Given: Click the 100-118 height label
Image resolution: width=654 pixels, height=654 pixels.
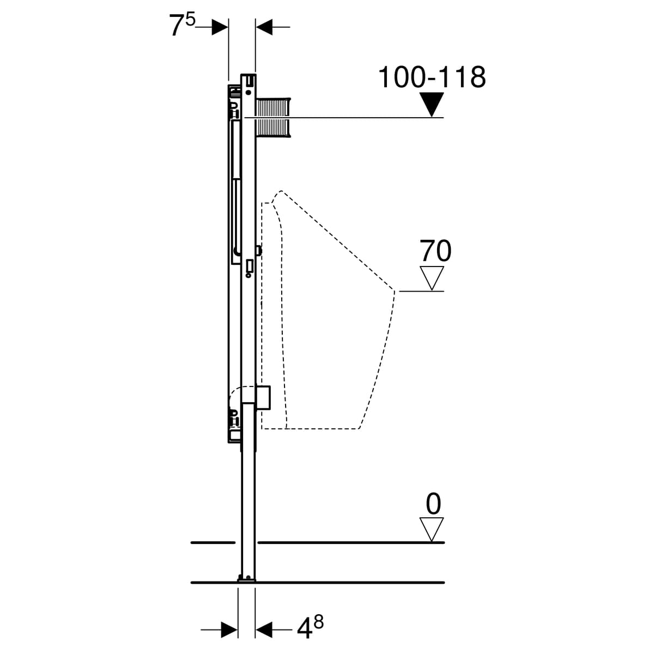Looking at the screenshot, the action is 432,77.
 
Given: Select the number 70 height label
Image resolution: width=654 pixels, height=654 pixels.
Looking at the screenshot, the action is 435,251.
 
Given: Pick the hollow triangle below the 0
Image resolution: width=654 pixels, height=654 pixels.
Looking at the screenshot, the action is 431,529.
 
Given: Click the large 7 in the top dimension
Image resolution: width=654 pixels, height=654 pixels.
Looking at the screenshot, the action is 177,26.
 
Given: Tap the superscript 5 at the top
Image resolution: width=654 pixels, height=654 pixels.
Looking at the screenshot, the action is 190,20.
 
